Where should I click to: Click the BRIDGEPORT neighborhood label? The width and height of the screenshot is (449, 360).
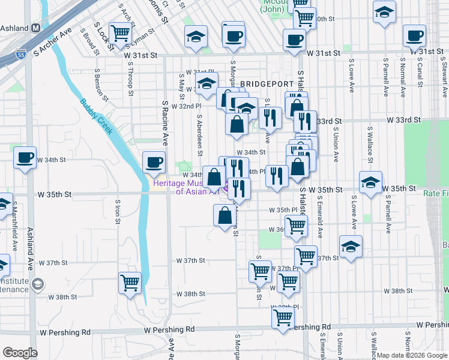coord(267,83)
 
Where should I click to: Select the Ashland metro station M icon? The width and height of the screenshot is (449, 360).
coord(35,28)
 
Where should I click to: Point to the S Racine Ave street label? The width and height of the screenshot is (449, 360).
coord(164,123)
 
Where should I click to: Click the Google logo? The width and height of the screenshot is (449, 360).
coord(20,353)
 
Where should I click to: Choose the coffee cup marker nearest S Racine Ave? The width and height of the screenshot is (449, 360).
coord(154,162)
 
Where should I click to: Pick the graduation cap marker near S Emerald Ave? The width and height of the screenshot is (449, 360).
coord(351,247)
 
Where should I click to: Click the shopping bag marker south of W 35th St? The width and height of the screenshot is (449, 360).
coord(224,215)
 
